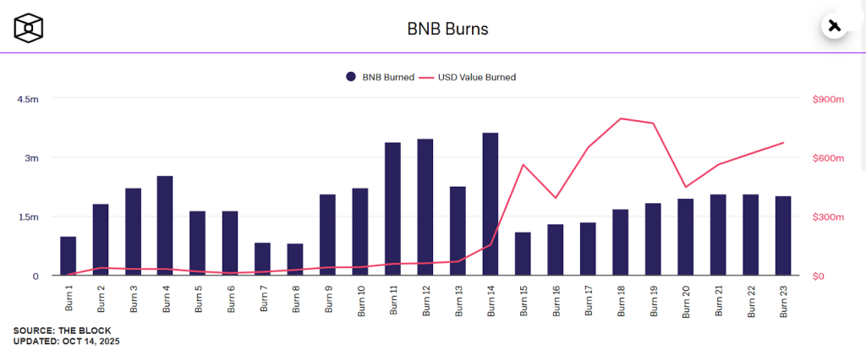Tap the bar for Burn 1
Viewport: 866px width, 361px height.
(x=68, y=256)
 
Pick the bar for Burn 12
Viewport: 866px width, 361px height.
(x=425, y=207)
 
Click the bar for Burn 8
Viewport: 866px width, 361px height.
(x=295, y=260)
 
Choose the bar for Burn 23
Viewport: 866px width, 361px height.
(x=783, y=236)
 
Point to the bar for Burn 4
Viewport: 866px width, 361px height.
(x=165, y=226)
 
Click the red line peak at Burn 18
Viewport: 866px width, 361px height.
(x=621, y=118)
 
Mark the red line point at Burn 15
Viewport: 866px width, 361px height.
(x=523, y=165)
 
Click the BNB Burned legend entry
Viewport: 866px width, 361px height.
(x=380, y=77)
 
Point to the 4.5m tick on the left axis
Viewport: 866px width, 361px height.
(x=28, y=99)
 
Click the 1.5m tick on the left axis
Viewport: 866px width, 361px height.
(x=28, y=217)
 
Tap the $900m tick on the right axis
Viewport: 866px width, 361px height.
(x=829, y=99)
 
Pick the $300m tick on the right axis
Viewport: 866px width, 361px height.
(x=829, y=217)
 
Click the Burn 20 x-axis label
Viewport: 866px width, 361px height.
(x=686, y=299)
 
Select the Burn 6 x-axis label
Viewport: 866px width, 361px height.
(x=231, y=298)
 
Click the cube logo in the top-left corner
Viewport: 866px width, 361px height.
(x=28, y=28)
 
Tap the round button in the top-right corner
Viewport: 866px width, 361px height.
(x=835, y=25)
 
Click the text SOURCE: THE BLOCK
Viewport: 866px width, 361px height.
(x=62, y=330)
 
